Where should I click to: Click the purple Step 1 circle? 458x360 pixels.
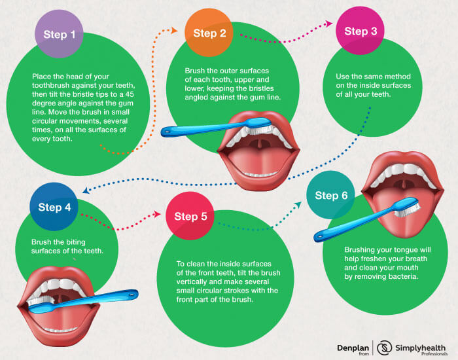coord(60,33)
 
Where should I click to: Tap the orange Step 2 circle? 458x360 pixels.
coord(209,33)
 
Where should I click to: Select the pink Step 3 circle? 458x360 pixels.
coord(360,30)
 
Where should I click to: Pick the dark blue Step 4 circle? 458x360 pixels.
coord(54,207)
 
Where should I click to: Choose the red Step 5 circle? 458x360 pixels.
coord(190,216)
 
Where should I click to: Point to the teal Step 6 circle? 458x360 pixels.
coord(331,195)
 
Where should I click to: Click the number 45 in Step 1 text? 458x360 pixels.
coord(130,94)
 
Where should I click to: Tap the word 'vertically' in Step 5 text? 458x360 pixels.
coord(193,281)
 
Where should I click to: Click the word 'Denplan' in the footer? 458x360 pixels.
coord(353,348)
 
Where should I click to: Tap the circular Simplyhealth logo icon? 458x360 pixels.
coord(384,348)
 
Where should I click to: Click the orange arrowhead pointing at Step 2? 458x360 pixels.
coord(175,30)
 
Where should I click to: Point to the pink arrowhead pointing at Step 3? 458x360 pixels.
coord(329,24)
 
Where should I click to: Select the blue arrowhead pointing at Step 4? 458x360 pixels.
coord(86,190)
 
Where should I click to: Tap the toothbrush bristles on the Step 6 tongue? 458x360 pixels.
coord(408,210)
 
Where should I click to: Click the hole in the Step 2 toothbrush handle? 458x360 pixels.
coord(167,132)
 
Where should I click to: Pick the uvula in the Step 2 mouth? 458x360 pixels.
coord(259,144)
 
